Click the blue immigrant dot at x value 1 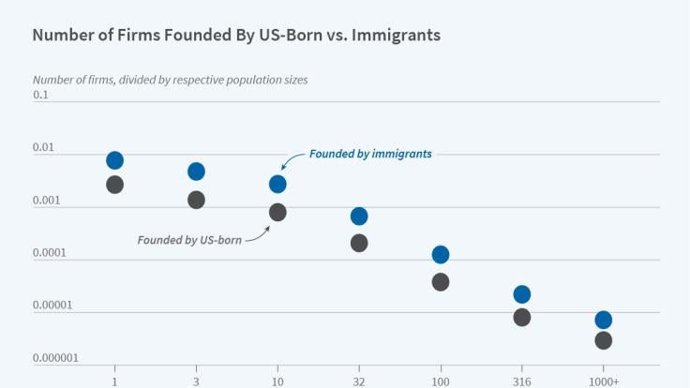point(114,160)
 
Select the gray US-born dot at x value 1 point(114,185)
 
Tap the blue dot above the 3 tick point(196,172)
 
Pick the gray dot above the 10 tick point(277,213)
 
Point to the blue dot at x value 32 point(359,216)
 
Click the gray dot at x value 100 point(441,282)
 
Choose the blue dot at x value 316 point(522,294)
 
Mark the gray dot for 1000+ point(604,340)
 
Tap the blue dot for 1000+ point(604,320)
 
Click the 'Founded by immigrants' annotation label point(370,154)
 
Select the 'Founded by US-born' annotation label point(189,240)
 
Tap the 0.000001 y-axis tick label point(54,358)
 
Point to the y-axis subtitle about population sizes point(170,80)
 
